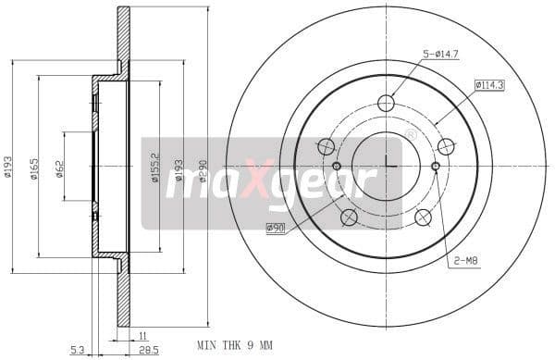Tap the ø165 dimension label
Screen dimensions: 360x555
coord(33,168)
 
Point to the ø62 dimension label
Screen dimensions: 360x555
coord(59,168)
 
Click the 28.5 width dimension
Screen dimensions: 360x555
coord(146,349)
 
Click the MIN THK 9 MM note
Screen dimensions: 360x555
coord(236,346)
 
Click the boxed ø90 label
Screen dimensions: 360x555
coord(275,228)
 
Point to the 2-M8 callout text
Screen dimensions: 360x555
coord(465,262)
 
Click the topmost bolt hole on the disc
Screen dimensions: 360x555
coord(387,103)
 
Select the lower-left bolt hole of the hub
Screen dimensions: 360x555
coord(349,217)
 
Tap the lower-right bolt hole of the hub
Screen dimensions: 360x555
coord(423,217)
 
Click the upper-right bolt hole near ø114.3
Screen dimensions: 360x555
coord(446,146)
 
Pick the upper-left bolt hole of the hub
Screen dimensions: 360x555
coord(326,146)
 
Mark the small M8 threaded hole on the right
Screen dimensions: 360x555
coord(436,167)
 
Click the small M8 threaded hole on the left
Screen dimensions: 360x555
coord(337,167)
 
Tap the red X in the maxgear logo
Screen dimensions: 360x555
coord(262,180)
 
